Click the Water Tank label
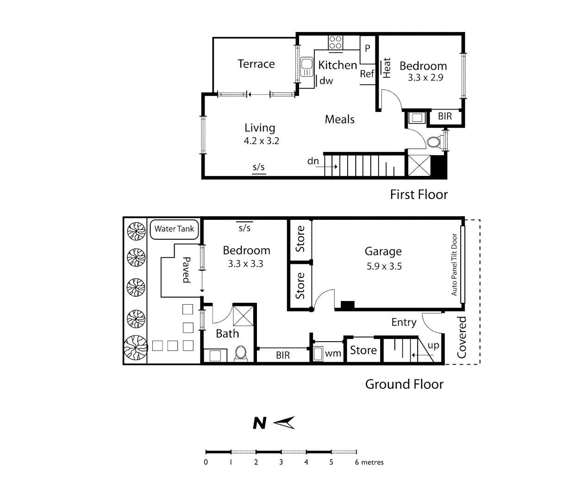(175, 229)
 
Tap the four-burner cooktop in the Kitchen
(336, 43)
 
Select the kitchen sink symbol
(306, 67)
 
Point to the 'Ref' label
(367, 74)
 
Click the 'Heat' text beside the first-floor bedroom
(387, 68)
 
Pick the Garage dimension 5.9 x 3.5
(384, 266)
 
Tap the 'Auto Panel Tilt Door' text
(454, 264)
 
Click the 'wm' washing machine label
(333, 354)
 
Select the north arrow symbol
(284, 423)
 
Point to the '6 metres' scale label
(369, 462)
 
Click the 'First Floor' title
(418, 194)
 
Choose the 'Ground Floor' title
(404, 384)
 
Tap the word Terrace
(256, 64)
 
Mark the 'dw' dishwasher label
(326, 81)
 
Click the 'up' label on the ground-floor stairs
(433, 345)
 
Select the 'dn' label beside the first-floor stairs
(313, 161)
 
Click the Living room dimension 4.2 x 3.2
(262, 141)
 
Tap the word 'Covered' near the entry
(462, 337)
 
